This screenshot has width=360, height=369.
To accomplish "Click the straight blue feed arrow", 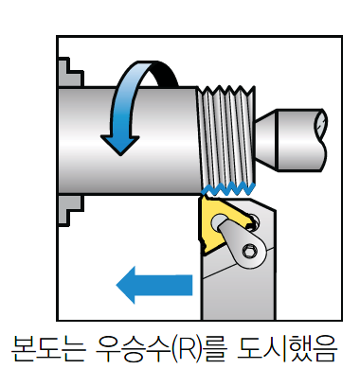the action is point(154,285).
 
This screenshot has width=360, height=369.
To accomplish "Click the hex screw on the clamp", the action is point(249,252).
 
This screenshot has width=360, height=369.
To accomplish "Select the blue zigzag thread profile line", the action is point(228,188).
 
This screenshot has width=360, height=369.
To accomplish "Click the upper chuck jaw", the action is point(70,72).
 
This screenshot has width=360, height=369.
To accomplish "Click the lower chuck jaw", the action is point(70,210).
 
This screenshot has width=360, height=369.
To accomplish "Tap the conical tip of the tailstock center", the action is point(266,140).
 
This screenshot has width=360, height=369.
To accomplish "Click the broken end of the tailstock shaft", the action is point(321,140).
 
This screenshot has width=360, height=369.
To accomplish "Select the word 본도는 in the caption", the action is point(48,349).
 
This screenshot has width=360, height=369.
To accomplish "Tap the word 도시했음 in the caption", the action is point(287,349).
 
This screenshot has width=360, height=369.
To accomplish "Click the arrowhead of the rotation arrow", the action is point(120,145).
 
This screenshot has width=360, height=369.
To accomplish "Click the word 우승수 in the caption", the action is point(134,349).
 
